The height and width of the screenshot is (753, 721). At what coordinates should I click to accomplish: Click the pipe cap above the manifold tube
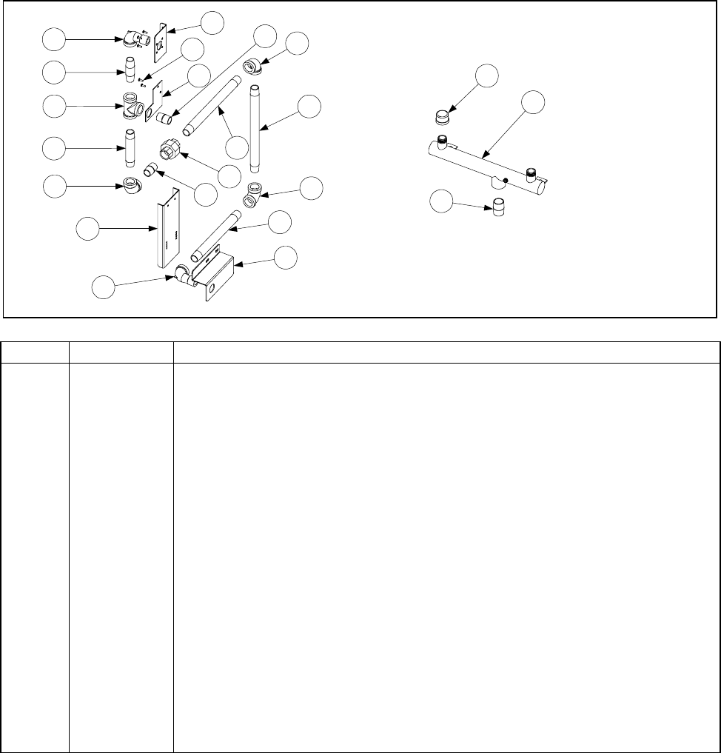tap(442, 118)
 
